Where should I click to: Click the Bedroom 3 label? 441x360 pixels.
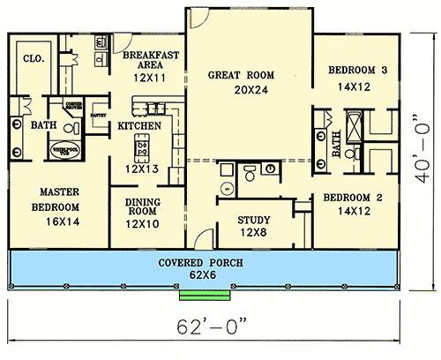tap(358, 71)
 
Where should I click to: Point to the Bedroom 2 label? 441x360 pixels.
tap(352, 198)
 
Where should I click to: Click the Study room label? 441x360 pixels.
tap(254, 220)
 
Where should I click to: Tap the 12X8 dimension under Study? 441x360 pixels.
tap(254, 234)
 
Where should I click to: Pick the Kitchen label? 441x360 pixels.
tap(139, 126)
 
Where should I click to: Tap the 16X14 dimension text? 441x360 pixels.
tap(60, 224)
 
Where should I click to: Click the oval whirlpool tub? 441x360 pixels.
tap(64, 152)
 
